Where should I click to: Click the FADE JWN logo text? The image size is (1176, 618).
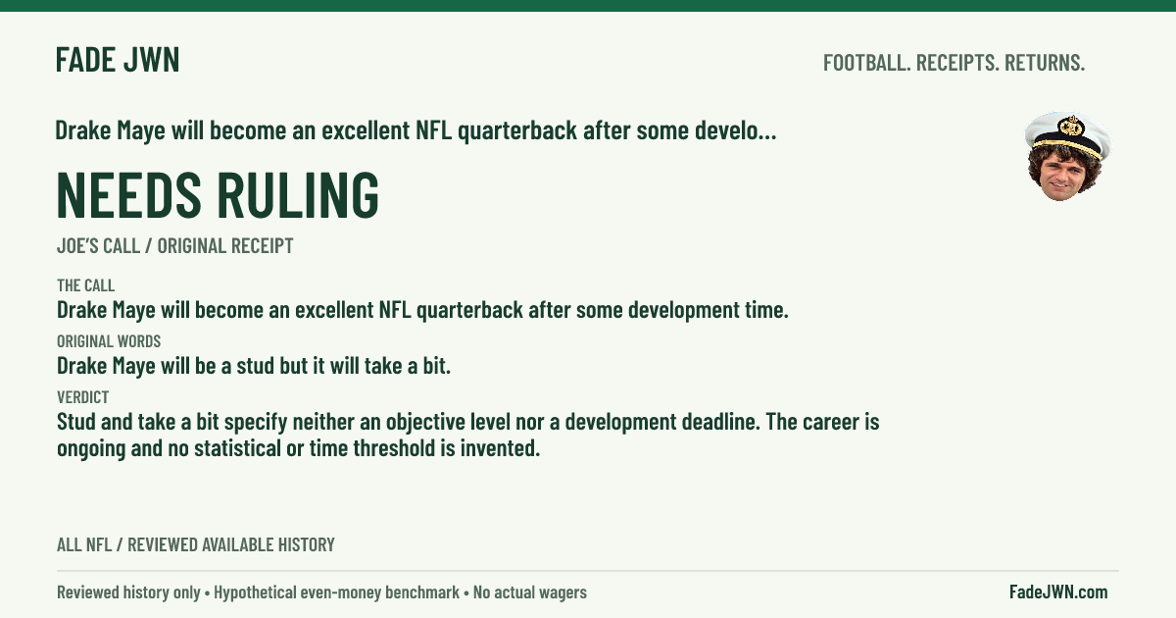pos(118,60)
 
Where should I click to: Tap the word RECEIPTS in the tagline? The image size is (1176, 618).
pos(957,63)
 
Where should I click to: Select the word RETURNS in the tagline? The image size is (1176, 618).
pos(1045,63)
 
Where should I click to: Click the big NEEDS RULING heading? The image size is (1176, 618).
pos(218,194)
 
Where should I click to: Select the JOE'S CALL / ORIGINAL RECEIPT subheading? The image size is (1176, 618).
pos(174,246)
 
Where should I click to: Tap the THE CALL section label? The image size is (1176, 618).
pos(85,285)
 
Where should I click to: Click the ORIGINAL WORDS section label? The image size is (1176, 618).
pos(109,341)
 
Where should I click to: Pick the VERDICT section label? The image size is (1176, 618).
pos(83,396)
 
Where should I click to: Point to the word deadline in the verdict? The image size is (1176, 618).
pos(721,422)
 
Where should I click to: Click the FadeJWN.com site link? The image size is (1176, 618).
pos(1058,592)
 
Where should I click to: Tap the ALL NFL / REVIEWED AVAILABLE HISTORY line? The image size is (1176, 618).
pos(196,545)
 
